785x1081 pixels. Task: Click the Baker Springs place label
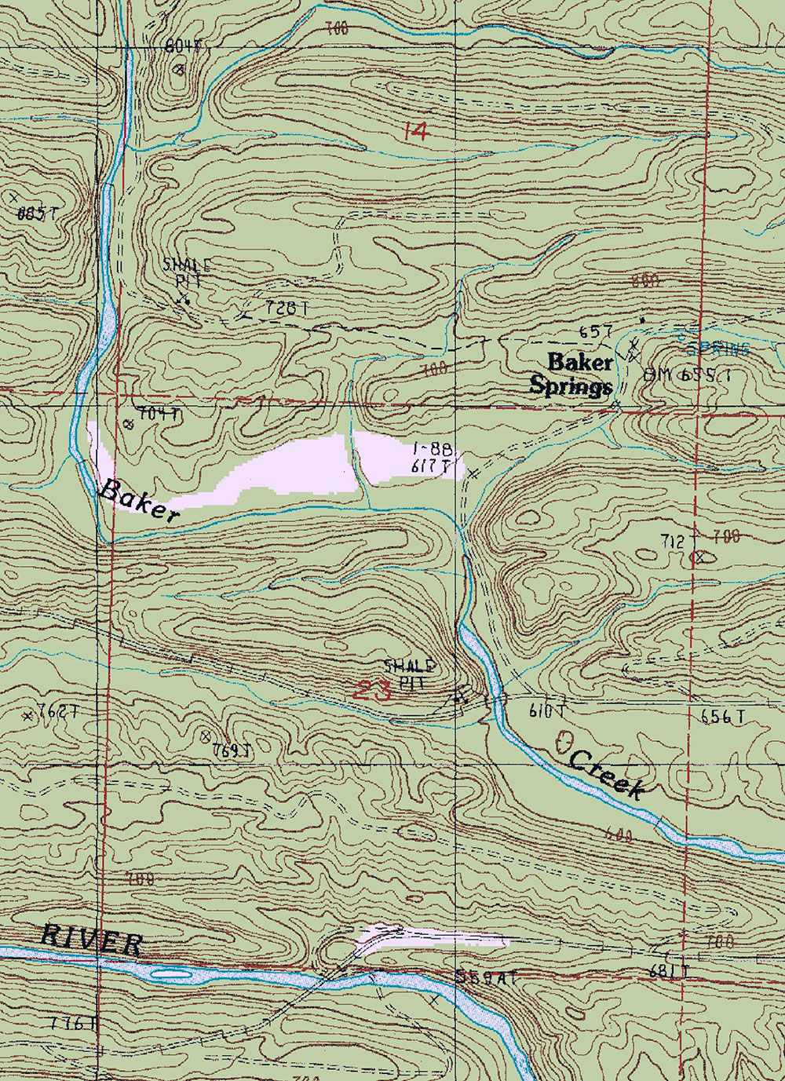[571, 374]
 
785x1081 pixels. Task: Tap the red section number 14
[415, 131]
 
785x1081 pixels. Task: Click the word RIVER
[92, 939]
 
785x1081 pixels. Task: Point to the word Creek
[607, 773]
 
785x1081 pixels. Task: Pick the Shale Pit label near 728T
[187, 272]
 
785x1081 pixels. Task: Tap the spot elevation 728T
[287, 309]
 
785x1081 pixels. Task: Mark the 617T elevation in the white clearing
[431, 466]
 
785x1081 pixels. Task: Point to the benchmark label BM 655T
[687, 374]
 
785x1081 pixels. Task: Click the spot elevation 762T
[58, 712]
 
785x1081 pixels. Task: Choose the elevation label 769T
[232, 750]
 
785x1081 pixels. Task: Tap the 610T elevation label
[546, 711]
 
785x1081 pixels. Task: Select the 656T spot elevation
[722, 716]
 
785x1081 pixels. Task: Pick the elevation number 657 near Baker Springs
[595, 331]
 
